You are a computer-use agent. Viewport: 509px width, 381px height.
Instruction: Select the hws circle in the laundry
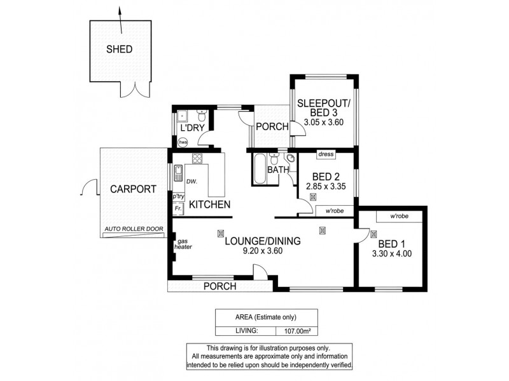coord(183,142)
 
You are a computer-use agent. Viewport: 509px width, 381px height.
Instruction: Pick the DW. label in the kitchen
coord(192,182)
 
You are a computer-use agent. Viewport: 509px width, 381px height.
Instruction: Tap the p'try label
coord(178,197)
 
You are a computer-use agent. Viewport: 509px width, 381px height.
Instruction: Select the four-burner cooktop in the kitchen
coord(197,159)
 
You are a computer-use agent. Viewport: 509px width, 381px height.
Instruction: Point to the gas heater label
coord(184,244)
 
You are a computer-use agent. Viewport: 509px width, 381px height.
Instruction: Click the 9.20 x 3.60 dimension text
coord(261,251)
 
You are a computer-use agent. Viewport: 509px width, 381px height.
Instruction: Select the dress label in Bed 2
coord(325,154)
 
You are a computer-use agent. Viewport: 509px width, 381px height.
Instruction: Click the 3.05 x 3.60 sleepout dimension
coord(323,122)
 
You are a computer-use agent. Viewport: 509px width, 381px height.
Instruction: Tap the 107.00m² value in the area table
coord(296,330)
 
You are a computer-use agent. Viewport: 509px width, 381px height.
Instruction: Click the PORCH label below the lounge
coord(220,286)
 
